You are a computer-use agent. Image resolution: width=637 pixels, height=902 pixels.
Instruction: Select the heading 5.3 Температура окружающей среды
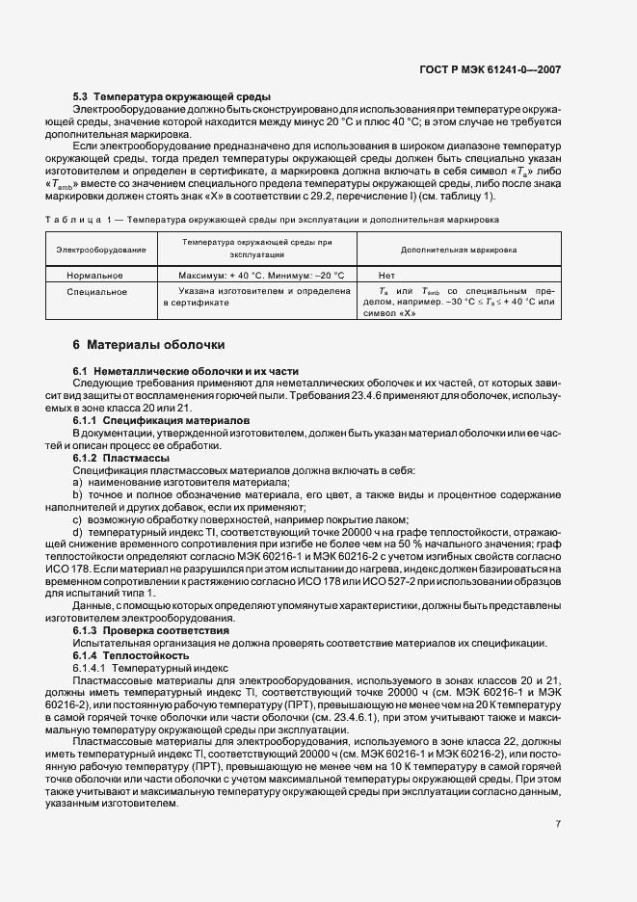(x=173, y=98)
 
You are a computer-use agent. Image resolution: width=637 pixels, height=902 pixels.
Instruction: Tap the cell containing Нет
(x=387, y=275)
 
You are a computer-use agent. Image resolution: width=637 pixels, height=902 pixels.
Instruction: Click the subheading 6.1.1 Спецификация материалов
(x=162, y=421)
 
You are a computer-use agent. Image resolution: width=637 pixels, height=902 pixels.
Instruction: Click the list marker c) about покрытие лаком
(x=77, y=519)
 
